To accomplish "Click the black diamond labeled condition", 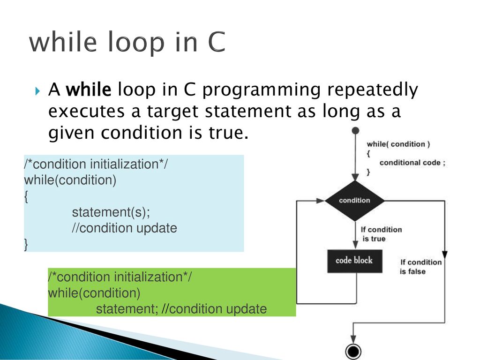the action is pyautogui.click(x=354, y=201).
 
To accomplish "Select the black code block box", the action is pyautogui.click(x=355, y=261).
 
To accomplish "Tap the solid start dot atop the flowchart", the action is pyautogui.click(x=355, y=131).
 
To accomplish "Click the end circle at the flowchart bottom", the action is pyautogui.click(x=353, y=351).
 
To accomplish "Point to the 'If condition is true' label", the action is pyautogui.click(x=381, y=234).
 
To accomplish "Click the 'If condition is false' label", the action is pyautogui.click(x=420, y=267).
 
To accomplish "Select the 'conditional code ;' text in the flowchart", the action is pyautogui.click(x=412, y=163).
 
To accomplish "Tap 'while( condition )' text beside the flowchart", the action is pyautogui.click(x=398, y=144).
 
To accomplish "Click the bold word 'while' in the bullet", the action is pyautogui.click(x=89, y=90).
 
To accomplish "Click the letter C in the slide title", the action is pyautogui.click(x=217, y=42).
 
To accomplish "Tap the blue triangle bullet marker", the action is pyautogui.click(x=37, y=91).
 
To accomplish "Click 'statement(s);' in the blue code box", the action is pyautogui.click(x=111, y=212).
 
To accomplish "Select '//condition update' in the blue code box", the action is pyautogui.click(x=124, y=228).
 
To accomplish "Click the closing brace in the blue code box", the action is pyautogui.click(x=26, y=245).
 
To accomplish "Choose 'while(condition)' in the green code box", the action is pyautogui.click(x=94, y=293).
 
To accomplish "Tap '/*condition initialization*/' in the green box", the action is pyautogui.click(x=120, y=277).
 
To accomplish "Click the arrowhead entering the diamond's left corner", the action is pyautogui.click(x=320, y=201).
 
